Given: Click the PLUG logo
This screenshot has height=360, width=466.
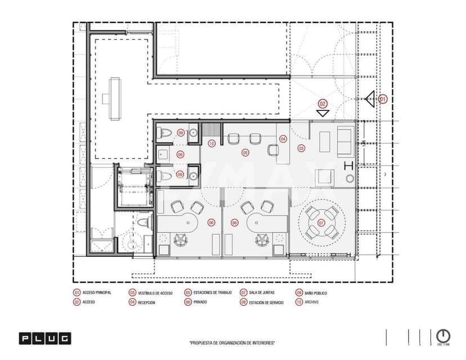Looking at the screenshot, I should [45, 339].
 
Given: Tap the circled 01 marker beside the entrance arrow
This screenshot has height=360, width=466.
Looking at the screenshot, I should [383, 99].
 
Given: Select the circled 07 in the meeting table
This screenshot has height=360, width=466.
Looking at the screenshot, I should [321, 223].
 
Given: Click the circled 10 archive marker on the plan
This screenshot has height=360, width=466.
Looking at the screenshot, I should [211, 143].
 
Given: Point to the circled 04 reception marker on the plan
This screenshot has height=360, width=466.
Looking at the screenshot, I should [283, 139].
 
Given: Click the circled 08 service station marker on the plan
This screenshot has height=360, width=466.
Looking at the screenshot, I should [181, 154].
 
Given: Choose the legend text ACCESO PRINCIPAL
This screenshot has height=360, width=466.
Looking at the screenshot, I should [97, 293].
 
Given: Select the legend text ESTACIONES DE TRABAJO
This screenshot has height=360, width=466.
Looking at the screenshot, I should [212, 293].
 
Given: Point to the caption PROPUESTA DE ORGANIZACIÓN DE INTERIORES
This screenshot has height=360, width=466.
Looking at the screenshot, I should [232, 343].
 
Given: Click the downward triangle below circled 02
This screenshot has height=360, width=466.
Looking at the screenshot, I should [322, 113].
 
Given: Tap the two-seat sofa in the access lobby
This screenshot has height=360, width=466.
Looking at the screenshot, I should [344, 141].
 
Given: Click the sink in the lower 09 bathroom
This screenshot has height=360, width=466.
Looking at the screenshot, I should [192, 174].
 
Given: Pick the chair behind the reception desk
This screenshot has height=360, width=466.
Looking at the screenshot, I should [272, 149].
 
